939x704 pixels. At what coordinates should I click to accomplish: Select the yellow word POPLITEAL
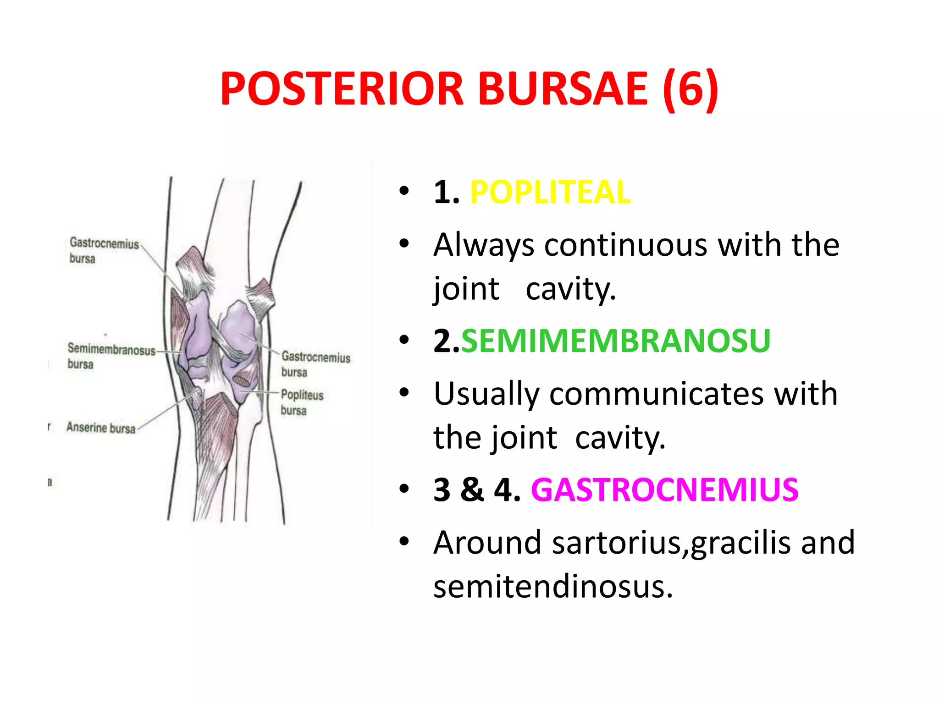tap(550, 192)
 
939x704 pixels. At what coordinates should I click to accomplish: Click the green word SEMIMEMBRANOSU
tap(615, 341)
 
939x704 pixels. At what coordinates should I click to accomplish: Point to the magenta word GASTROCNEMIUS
tap(664, 490)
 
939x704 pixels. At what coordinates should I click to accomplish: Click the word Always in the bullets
tap(484, 245)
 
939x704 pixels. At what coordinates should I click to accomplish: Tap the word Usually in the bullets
tap(487, 394)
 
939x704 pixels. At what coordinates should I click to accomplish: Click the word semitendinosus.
tap(553, 587)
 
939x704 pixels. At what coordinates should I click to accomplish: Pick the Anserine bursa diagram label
tap(101, 428)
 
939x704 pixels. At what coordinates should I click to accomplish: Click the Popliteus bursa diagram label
tap(302, 402)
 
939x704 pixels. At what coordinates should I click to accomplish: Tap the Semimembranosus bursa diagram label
tap(111, 356)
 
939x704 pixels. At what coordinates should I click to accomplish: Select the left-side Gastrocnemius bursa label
tap(104, 250)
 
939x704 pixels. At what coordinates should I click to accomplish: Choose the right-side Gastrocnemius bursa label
tap(315, 363)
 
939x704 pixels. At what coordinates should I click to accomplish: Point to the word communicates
tap(657, 394)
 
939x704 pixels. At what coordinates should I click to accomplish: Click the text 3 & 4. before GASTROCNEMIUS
tap(477, 490)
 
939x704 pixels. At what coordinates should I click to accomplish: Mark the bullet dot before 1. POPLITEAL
tap(403, 191)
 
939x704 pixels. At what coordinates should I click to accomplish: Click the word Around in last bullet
tap(487, 543)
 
